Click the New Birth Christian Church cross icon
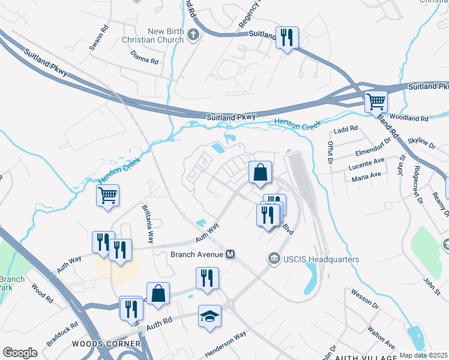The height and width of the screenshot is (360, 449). coord(193,34)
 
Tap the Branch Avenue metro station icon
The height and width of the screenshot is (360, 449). coord(230,254)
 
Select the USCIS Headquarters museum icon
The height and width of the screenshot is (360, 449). coord(274,259)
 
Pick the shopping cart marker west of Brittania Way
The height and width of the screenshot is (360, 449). coord(107,195)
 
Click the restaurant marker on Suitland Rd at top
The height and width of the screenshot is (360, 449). coord(287,38)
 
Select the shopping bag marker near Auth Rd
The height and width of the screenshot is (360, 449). coord(158,294)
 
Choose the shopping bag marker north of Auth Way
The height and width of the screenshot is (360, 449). coord(260,173)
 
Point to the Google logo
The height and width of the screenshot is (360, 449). coord(20,353)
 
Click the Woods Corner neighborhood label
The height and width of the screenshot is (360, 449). coord(106,344)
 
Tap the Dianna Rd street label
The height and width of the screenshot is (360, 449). coord(145,61)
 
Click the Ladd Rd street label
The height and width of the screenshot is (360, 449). coord(346,128)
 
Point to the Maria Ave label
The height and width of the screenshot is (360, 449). coord(367,175)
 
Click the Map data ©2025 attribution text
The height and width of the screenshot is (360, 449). coord(423,355)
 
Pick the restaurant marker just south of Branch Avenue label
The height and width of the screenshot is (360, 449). coord(207,278)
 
